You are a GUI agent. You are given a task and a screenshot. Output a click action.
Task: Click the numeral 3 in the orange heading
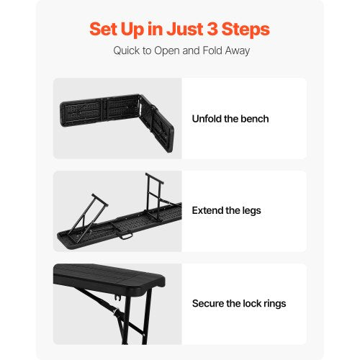coord(212,29)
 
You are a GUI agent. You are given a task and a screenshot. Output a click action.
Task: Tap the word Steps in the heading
coord(246,30)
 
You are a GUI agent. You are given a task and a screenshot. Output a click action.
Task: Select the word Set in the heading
coord(103,29)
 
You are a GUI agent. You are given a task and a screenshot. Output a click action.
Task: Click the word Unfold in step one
coord(207,119)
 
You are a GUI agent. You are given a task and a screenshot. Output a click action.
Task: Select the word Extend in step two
coord(207,210)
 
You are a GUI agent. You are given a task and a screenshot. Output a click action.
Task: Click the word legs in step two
coord(251,211)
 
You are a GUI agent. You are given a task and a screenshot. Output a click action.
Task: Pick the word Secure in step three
coord(208,303)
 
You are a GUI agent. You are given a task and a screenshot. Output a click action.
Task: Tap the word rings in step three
coord(275,304)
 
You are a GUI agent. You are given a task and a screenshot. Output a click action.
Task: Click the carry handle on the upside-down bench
coord(126,236)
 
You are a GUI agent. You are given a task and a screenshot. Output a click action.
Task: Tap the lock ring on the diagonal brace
coord(117,312)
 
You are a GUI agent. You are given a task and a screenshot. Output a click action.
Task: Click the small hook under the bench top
coord(117,298)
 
